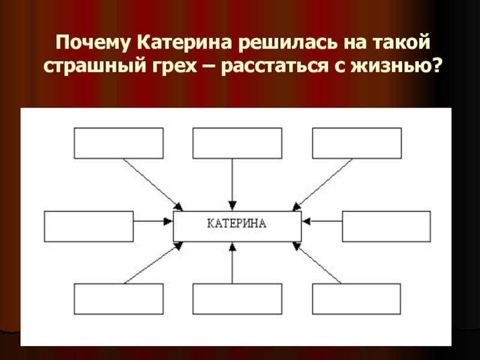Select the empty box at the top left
tap(118, 143)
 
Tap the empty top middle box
tap(237, 143)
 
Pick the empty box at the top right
tap(356, 143)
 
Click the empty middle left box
tap(89, 226)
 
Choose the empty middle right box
tap(386, 226)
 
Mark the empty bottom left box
tap(118, 298)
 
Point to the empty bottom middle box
tap(237, 298)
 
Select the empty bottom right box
tap(356, 298)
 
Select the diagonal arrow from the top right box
tap(323, 184)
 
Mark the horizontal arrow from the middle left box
tap(152, 221)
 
